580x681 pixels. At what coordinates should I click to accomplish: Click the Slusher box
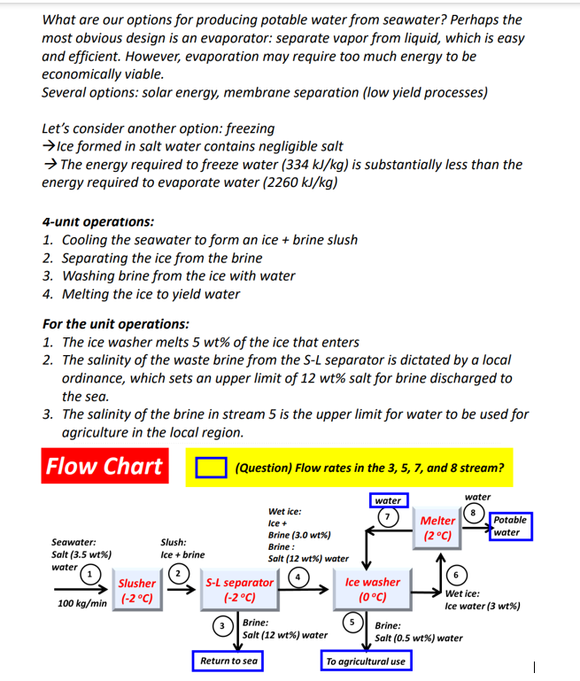click(136, 590)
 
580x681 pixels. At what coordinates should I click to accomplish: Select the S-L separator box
click(239, 590)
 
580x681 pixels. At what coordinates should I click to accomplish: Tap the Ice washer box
click(372, 590)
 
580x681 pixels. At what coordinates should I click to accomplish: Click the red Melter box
click(437, 529)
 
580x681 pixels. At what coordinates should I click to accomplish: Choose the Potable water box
click(510, 526)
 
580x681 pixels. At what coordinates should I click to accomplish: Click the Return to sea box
click(228, 661)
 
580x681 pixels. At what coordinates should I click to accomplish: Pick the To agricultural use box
click(366, 661)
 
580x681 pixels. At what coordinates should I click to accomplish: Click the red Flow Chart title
click(104, 466)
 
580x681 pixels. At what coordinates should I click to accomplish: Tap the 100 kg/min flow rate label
click(81, 603)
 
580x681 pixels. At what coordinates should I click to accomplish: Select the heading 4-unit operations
click(97, 221)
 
